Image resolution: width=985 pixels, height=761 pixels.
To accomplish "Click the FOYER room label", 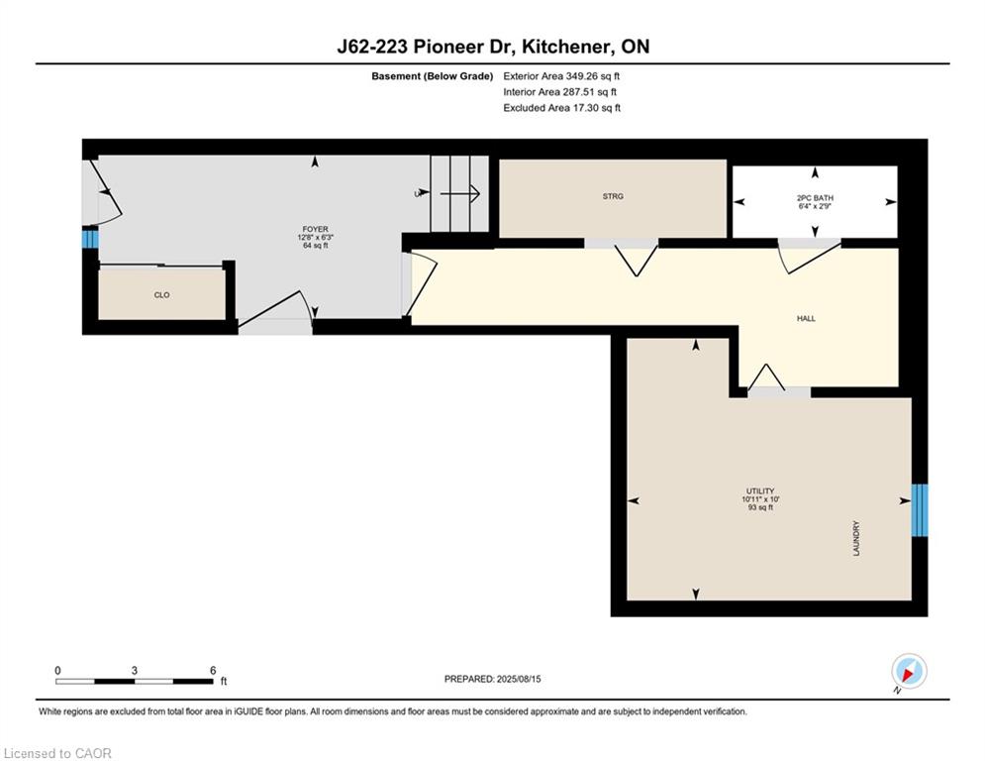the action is (316, 230).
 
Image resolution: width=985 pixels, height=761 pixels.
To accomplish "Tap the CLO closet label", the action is (162, 295).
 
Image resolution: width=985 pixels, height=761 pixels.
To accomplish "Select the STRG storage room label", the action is (613, 196).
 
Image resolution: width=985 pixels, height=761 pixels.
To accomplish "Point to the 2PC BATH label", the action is (816, 198).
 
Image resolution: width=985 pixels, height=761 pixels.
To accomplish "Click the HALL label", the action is (806, 319).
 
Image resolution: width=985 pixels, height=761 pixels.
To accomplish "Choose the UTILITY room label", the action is (760, 491).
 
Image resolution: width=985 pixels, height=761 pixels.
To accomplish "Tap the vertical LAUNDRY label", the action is (856, 538).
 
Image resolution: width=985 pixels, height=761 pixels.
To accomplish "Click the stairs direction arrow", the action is (460, 193).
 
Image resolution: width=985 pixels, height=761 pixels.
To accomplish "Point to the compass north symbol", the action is (909, 672).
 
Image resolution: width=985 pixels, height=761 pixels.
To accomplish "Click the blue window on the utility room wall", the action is (920, 510).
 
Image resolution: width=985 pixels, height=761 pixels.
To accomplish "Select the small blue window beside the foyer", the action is (90, 239).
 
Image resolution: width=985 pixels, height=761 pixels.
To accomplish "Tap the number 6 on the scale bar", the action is (213, 671).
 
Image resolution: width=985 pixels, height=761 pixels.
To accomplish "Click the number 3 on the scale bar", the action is (135, 671).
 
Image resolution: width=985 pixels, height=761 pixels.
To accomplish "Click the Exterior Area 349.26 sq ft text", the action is (561, 76).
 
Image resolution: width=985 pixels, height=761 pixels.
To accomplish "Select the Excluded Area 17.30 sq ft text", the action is (561, 108).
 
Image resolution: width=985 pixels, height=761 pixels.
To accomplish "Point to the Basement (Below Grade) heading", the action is (433, 76).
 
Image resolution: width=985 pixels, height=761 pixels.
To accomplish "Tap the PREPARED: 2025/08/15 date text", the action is (493, 679).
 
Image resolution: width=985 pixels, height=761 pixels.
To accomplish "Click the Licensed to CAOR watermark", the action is (57, 753).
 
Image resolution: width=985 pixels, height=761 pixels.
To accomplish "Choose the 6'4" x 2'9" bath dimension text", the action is (816, 206).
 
